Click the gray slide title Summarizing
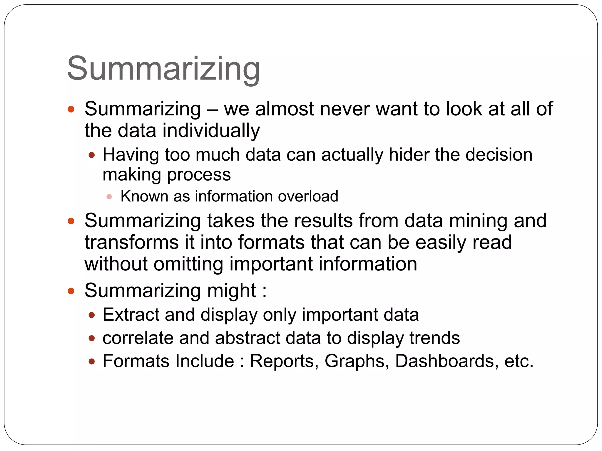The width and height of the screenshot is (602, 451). pyautogui.click(x=163, y=69)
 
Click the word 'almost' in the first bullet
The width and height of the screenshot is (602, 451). pyautogui.click(x=285, y=109)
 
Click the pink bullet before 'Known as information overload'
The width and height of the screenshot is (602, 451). pyautogui.click(x=109, y=197)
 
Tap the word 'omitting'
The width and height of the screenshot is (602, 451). pyautogui.click(x=188, y=264)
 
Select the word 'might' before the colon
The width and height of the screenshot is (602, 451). pyautogui.click(x=232, y=290)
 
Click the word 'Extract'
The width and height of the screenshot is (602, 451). pyautogui.click(x=131, y=315)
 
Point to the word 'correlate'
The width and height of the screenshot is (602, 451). pyautogui.click(x=138, y=338)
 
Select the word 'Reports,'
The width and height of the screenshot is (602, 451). pyautogui.click(x=284, y=361)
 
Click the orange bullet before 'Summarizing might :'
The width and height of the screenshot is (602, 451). pyautogui.click(x=71, y=291)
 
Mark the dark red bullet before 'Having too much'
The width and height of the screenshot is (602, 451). pyautogui.click(x=92, y=155)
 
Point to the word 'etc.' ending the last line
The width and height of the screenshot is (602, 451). pyautogui.click(x=519, y=361)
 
